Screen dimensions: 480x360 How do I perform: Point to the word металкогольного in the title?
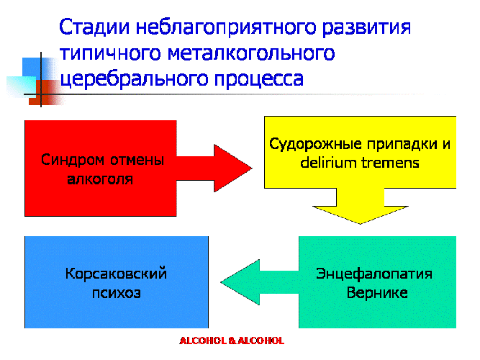click(251, 53)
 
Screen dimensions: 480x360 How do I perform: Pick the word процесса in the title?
click(259, 80)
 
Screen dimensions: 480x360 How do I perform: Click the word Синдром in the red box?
click(73, 160)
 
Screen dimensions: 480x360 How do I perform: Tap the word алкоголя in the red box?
click(100, 179)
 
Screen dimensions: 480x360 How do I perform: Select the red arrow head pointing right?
click(233, 168)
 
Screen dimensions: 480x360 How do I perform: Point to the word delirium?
click(328, 163)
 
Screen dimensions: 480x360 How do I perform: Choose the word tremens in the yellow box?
click(390, 163)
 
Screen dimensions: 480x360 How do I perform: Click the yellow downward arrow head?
click(361, 215)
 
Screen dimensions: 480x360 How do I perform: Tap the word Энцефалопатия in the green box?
click(374, 274)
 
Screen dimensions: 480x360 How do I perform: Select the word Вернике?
click(377, 293)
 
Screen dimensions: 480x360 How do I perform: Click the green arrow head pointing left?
click(240, 282)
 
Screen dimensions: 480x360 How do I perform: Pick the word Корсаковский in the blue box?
click(116, 274)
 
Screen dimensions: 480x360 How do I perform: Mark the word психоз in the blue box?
click(117, 293)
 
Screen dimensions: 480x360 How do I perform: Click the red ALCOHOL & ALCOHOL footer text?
click(232, 341)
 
